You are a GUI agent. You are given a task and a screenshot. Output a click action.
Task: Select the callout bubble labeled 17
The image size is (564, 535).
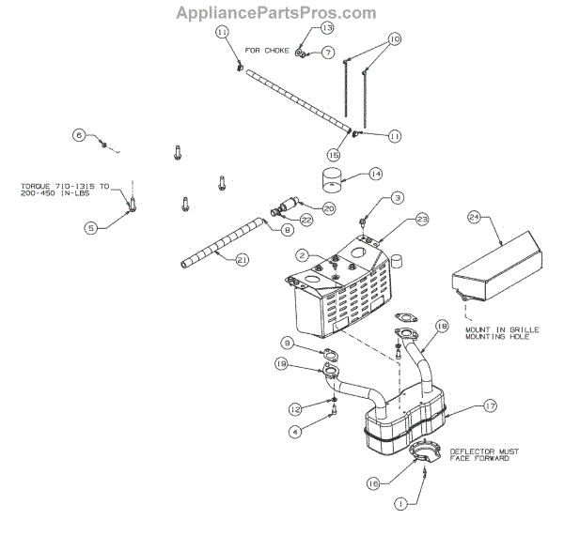(x=490, y=406)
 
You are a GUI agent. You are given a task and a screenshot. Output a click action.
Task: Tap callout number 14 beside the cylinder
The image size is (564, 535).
(x=376, y=174)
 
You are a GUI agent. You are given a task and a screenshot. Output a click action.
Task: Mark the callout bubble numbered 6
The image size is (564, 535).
(x=80, y=136)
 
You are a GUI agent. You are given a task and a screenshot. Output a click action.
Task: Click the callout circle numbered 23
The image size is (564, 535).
(x=422, y=219)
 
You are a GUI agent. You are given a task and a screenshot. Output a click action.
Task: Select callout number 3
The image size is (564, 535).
(x=398, y=198)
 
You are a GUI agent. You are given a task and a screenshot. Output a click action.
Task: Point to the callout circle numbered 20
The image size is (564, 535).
(x=329, y=207)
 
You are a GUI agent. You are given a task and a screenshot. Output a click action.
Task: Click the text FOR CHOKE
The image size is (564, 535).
(x=267, y=50)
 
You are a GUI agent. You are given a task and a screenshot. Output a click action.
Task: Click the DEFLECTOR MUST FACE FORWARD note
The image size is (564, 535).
(x=480, y=454)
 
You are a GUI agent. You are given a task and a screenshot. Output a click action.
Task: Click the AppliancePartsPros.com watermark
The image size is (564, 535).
(x=282, y=12)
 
